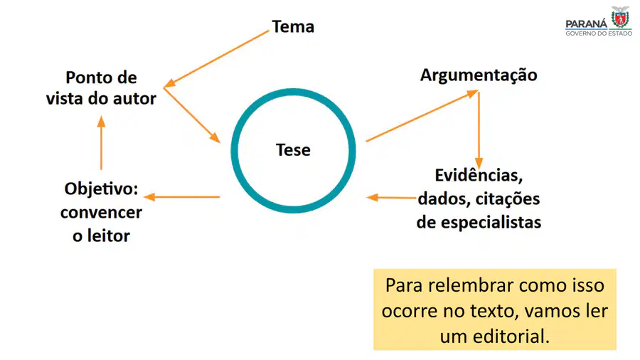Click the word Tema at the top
click(x=293, y=27)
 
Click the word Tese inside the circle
click(x=293, y=150)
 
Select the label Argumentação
click(x=479, y=75)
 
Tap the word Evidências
click(x=479, y=176)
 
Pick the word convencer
click(x=101, y=213)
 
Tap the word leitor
click(x=108, y=236)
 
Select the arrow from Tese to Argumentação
click(x=422, y=117)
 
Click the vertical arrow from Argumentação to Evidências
click(x=479, y=129)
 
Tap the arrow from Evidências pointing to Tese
click(x=391, y=198)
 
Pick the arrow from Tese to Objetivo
click(x=182, y=197)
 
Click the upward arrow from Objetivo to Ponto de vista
click(x=101, y=143)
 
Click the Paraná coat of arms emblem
click(x=620, y=17)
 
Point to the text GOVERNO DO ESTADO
click(x=599, y=33)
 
